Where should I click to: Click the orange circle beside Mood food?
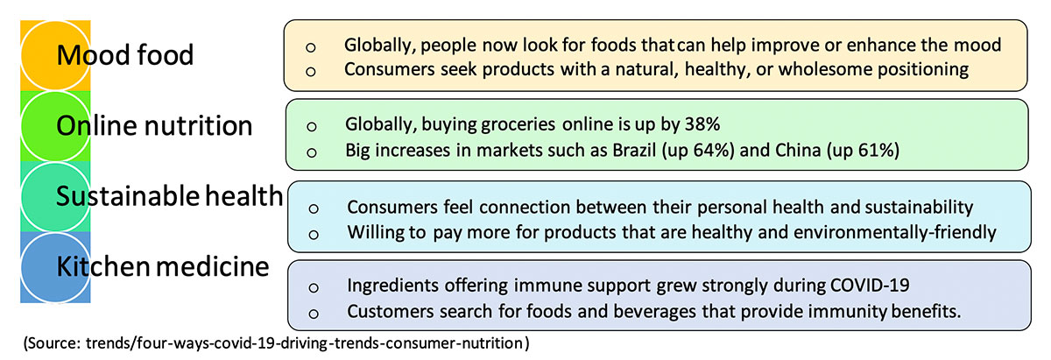click(55, 55)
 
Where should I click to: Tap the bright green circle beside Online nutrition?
click(55, 126)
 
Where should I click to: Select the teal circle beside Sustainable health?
click(55, 197)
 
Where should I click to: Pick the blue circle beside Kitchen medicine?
click(55, 267)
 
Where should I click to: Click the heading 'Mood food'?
click(124, 54)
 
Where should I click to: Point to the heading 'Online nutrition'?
click(154, 126)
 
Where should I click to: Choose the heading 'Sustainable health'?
click(169, 195)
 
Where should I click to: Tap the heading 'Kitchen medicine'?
click(163, 266)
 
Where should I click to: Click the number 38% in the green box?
click(702, 124)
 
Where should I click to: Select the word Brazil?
click(634, 150)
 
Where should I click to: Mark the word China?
click(798, 150)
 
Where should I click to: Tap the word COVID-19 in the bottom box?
click(870, 286)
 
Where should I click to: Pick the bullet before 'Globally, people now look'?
click(311, 47)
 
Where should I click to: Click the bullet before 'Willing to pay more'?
click(314, 235)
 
